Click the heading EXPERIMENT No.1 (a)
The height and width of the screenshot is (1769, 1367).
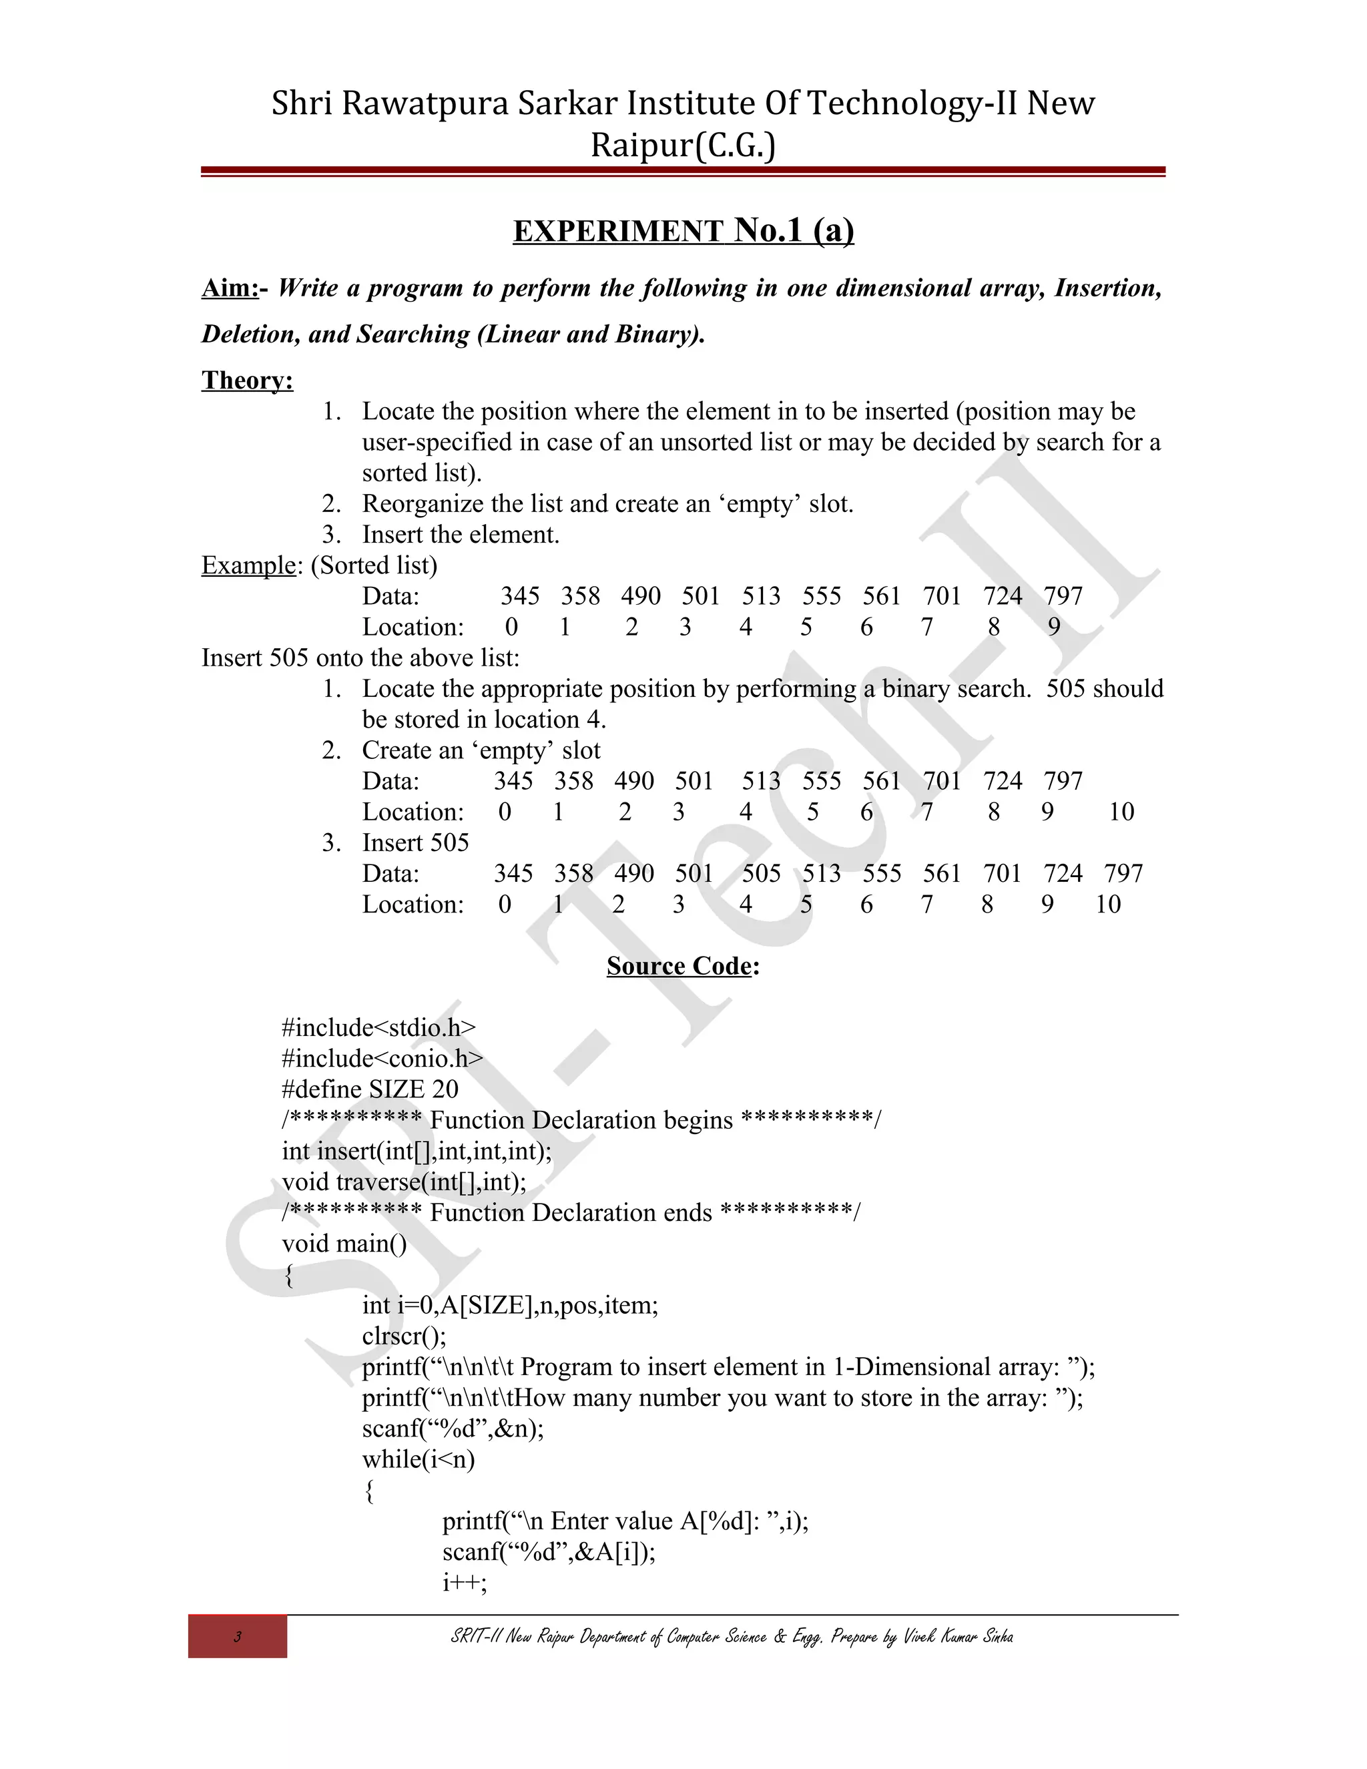(683, 232)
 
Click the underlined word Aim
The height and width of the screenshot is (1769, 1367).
(228, 288)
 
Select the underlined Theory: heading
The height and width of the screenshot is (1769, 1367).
(247, 380)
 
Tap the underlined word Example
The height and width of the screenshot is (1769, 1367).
(248, 565)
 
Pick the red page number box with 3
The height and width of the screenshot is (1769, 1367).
(237, 1636)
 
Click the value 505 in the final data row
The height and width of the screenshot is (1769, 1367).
(760, 873)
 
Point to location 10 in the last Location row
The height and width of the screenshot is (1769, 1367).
(1107, 904)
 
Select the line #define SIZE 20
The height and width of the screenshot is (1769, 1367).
(369, 1089)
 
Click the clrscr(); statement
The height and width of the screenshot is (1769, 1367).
(403, 1336)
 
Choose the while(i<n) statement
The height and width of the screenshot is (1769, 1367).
(418, 1459)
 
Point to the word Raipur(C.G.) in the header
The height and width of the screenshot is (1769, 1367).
(682, 146)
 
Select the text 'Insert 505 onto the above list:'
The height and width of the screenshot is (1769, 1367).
(360, 658)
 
